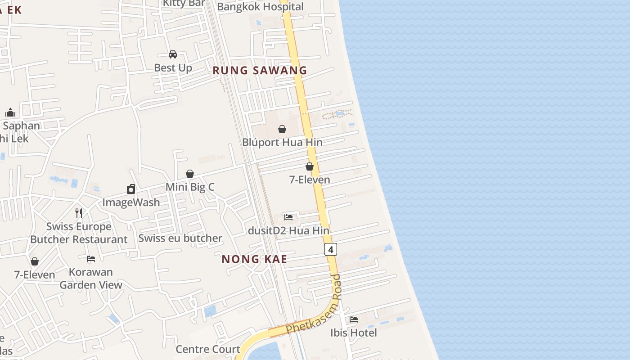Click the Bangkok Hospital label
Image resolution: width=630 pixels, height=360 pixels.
tap(260, 7)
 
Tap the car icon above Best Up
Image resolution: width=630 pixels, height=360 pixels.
tap(173, 55)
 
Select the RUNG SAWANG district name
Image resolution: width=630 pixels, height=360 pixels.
tap(260, 71)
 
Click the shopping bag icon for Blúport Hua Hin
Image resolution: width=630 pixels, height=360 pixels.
tap(282, 130)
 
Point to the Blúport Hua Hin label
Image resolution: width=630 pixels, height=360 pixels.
tap(282, 142)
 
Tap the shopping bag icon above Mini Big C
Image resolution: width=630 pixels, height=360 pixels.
tap(190, 174)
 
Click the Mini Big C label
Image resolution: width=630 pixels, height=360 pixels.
tap(190, 187)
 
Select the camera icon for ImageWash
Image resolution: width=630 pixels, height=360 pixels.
tap(131, 189)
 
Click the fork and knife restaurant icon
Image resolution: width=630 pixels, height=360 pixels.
tap(79, 213)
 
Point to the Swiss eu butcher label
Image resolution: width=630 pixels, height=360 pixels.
tap(180, 238)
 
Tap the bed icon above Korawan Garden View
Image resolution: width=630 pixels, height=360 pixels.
tap(91, 259)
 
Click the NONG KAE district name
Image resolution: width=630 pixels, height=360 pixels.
tap(254, 259)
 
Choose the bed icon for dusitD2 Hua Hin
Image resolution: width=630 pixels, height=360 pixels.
tap(288, 217)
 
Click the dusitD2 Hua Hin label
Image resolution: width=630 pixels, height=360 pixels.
tap(288, 231)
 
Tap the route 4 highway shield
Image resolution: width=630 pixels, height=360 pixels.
tap(331, 249)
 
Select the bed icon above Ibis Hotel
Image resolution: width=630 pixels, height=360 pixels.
tap(354, 319)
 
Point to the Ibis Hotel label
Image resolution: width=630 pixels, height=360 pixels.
tap(354, 333)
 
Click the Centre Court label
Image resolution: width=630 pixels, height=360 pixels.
tap(208, 349)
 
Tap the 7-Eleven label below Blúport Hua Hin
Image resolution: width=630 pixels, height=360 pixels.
tap(310, 180)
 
